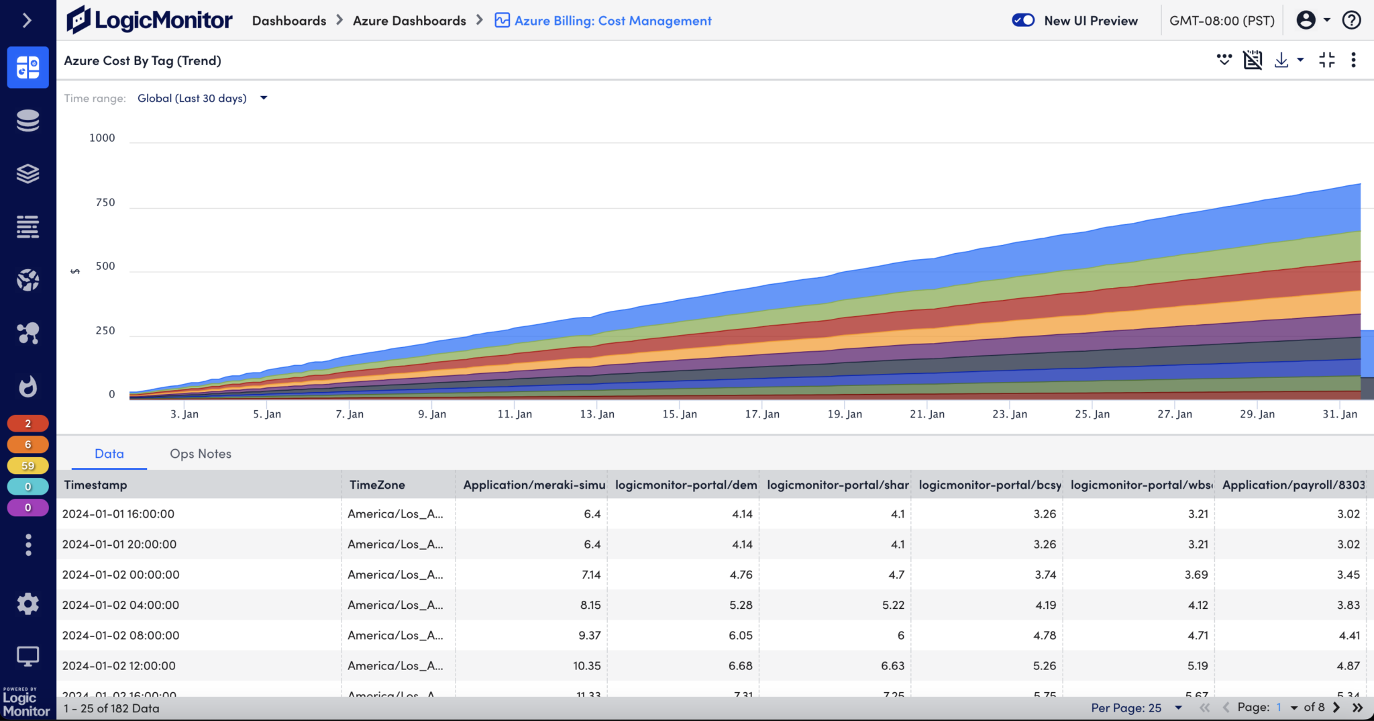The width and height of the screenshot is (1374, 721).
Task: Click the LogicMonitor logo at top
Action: point(149,20)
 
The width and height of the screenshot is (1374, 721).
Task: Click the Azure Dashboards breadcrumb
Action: point(409,21)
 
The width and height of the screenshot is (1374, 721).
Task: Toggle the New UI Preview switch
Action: point(1023,20)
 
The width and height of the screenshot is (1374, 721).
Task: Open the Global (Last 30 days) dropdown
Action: point(201,98)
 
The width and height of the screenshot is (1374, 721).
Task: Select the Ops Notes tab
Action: point(200,454)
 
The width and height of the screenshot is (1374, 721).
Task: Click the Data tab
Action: point(109,454)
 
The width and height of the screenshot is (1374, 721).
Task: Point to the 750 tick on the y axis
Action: point(105,202)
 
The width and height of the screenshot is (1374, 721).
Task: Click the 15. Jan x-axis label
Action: point(680,414)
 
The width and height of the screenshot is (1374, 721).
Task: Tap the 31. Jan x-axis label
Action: point(1339,414)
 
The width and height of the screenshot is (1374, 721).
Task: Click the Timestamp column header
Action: point(95,485)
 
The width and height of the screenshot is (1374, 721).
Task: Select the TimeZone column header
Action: point(377,485)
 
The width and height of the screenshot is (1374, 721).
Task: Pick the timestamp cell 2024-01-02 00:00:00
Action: point(121,575)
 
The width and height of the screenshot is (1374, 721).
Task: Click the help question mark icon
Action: point(1351,20)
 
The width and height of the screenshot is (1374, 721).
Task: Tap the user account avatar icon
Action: point(1306,20)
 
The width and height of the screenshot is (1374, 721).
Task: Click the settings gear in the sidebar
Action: point(28,604)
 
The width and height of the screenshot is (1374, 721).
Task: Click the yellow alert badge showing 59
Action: point(28,465)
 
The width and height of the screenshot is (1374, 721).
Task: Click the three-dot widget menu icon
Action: point(1353,60)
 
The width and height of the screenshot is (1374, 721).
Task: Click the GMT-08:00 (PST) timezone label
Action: point(1222,21)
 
